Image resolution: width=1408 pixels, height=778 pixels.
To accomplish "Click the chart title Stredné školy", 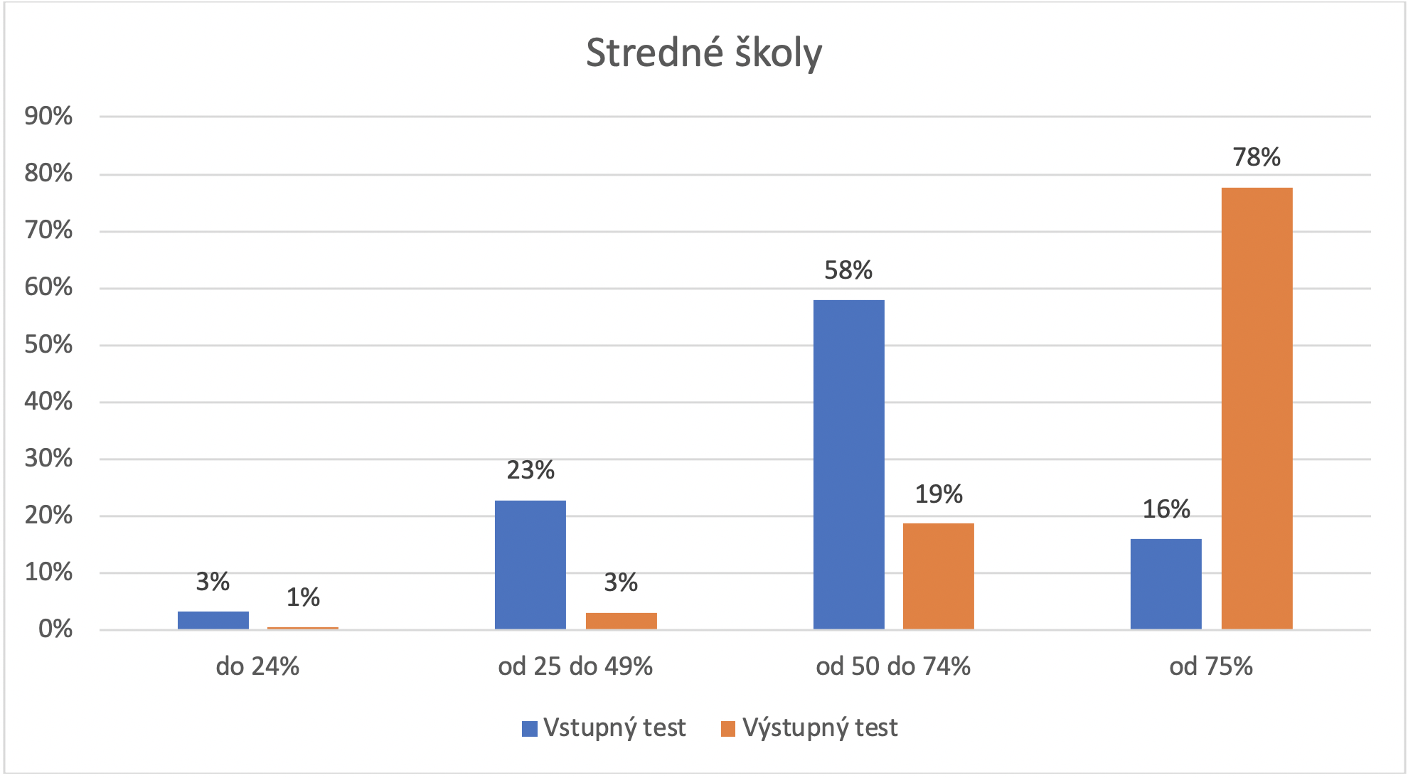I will (703, 53).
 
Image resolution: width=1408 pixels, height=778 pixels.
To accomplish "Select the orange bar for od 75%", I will (1257, 408).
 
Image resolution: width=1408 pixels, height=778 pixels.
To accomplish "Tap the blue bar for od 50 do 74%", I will (848, 464).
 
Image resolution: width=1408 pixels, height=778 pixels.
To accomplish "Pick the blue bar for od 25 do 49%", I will (530, 565).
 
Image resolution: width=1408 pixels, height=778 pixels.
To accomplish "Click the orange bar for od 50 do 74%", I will (938, 576).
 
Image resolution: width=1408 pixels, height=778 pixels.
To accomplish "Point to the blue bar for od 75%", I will (1166, 584).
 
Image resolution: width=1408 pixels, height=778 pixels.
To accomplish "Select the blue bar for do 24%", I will (213, 620).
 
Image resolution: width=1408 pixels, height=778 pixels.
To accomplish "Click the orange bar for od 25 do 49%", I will (621, 621).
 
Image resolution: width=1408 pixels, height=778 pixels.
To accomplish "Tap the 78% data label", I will (1257, 157).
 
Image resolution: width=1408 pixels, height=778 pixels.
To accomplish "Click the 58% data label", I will (848, 270).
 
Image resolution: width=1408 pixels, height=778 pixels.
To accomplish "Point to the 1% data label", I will (303, 597).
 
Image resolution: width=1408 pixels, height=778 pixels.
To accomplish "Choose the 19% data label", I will (938, 494).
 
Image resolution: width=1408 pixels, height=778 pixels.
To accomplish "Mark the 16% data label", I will (1166, 509).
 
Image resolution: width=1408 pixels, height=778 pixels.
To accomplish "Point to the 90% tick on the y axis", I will (48, 117).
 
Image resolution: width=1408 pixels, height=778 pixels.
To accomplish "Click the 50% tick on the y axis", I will (48, 345).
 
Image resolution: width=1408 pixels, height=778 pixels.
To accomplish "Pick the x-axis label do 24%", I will (257, 666).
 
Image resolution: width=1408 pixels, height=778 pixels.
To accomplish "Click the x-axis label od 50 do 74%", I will (892, 666).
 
